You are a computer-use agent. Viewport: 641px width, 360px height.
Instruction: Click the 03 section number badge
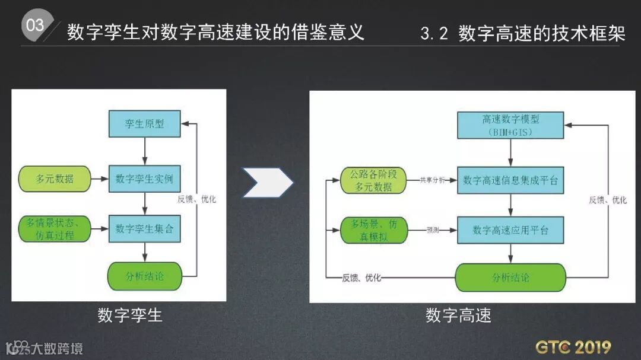[x=35, y=26]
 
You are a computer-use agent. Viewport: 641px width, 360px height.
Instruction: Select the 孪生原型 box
[x=144, y=124]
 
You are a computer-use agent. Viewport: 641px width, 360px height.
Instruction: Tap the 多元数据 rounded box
[x=55, y=179]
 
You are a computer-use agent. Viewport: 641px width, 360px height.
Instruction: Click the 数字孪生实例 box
[x=144, y=179]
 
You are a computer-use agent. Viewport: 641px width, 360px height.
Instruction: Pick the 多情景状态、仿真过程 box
[x=55, y=229]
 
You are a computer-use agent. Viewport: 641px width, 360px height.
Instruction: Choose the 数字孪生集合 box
[x=144, y=228]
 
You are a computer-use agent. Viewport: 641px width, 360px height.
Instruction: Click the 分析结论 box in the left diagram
[x=144, y=276]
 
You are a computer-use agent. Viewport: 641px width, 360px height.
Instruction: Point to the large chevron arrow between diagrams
[x=268, y=182]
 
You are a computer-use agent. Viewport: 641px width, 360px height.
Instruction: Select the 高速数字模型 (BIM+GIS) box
[x=510, y=125]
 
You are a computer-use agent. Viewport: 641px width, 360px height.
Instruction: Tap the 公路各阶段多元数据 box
[x=375, y=180]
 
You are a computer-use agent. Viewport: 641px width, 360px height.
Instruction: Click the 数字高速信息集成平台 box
[x=510, y=180]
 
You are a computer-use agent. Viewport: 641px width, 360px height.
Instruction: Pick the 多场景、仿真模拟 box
[x=375, y=230]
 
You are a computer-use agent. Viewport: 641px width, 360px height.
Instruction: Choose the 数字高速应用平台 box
[x=510, y=230]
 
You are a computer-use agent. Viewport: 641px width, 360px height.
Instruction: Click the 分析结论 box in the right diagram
[x=510, y=277]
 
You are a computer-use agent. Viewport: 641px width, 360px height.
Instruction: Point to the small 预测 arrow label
[x=432, y=230]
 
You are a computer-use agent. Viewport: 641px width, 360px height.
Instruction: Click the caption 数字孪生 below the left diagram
[x=130, y=315]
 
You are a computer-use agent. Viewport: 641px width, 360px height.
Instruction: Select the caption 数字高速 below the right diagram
[x=458, y=315]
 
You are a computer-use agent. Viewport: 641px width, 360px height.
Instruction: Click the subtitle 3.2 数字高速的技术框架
[x=522, y=33]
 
